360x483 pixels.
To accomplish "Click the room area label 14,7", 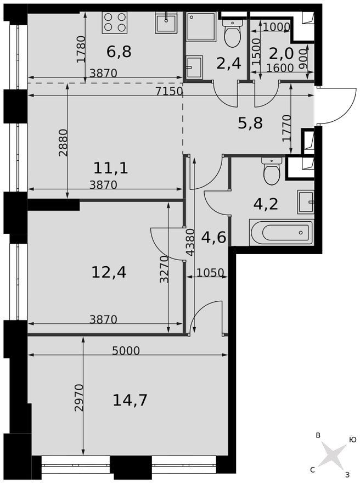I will [x=130, y=400].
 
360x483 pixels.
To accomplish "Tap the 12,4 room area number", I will [x=109, y=271].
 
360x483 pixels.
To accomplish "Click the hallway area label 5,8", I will [x=250, y=123].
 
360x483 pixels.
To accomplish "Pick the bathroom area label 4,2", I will [x=266, y=204].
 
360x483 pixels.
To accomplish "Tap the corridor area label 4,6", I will [x=214, y=238].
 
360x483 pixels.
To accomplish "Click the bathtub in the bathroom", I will [x=281, y=232].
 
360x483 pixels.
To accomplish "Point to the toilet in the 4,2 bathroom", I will [x=272, y=171].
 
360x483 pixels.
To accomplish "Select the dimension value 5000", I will [x=126, y=351].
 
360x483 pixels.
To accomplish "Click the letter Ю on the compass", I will [x=352, y=439].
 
